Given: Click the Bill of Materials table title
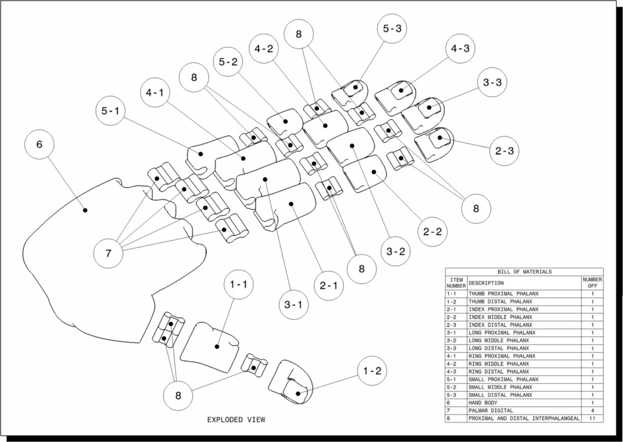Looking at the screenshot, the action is click(x=524, y=272).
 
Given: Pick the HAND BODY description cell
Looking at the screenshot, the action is click(x=482, y=402).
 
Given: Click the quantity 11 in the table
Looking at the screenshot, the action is click(x=593, y=418).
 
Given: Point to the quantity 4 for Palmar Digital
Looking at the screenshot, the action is click(x=593, y=410).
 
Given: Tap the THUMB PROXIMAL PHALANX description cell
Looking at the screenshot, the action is click(x=503, y=294).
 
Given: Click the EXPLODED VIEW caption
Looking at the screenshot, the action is click(x=236, y=420).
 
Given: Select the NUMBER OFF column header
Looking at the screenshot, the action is click(x=593, y=283).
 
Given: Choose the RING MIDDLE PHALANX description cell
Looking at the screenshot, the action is click(x=499, y=364).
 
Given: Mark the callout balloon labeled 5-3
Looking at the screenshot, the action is click(x=392, y=28).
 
